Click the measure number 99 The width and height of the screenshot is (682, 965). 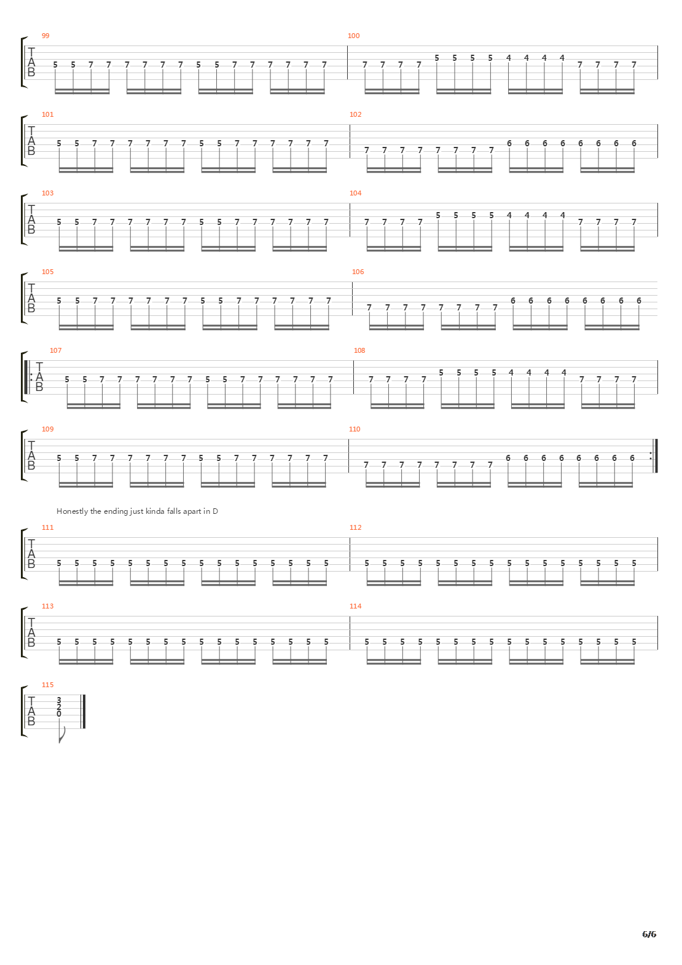(x=45, y=36)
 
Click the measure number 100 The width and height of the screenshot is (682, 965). (x=353, y=36)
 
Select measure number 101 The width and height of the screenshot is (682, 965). (x=47, y=114)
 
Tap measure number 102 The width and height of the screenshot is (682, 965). (x=355, y=114)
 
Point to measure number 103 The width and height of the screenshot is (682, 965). (x=47, y=193)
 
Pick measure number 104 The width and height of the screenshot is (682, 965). (x=355, y=193)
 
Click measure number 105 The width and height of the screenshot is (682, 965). (x=47, y=272)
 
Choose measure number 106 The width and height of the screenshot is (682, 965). (x=358, y=272)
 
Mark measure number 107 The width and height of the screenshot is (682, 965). (x=55, y=350)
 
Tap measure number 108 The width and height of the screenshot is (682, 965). (x=359, y=350)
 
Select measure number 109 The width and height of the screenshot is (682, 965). (x=47, y=429)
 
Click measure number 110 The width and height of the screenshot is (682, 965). (x=355, y=429)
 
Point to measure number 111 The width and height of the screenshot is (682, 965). (x=47, y=527)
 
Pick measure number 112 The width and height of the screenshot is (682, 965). (x=355, y=527)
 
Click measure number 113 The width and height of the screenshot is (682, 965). (x=47, y=606)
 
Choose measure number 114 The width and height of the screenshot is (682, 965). (x=355, y=606)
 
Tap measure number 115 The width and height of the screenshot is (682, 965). (x=47, y=685)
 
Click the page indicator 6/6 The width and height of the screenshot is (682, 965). (x=649, y=934)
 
